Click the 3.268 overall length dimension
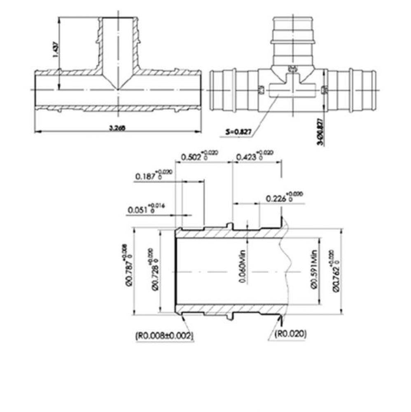(x=117, y=128)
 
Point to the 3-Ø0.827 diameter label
(x=325, y=131)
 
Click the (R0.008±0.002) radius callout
(x=164, y=335)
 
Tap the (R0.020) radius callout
(x=291, y=334)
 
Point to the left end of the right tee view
(x=211, y=89)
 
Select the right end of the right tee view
(x=374, y=89)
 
